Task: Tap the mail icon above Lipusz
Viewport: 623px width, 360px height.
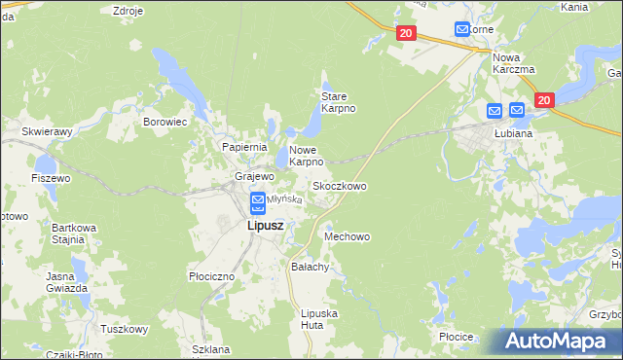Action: [x=258, y=202]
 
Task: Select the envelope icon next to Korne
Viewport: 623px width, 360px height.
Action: [x=462, y=30]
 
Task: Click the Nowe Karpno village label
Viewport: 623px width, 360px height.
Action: [x=305, y=156]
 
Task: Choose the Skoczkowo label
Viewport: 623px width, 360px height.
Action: [x=339, y=185]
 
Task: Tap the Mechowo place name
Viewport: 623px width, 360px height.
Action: [x=348, y=236]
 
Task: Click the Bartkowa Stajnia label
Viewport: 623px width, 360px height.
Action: [x=74, y=234]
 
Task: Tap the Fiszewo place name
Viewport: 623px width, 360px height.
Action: [x=51, y=178]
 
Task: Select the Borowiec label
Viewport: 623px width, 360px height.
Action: [x=165, y=123]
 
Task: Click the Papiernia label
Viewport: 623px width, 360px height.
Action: [x=244, y=146]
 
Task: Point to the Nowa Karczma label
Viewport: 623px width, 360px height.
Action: [x=515, y=62]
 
